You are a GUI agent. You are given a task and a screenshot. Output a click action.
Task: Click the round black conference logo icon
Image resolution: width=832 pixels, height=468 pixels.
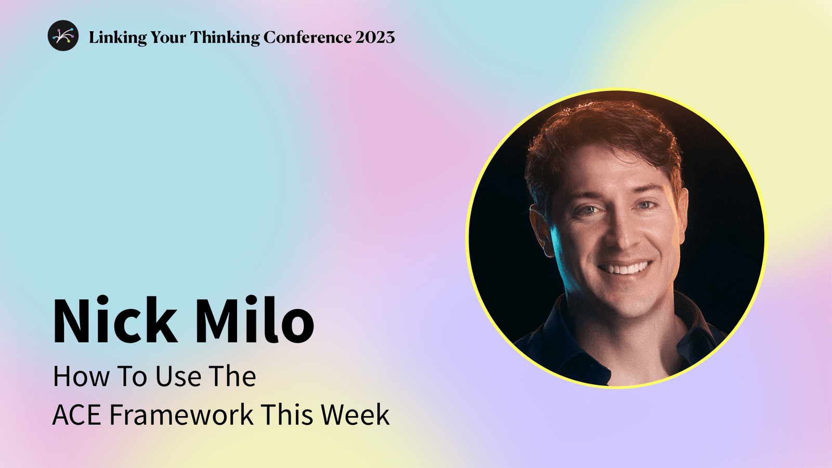(x=63, y=35)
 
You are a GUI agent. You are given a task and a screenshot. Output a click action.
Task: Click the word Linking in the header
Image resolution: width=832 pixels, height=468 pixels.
(x=118, y=37)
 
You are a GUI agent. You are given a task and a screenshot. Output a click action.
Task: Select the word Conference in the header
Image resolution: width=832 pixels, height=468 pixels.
(x=307, y=37)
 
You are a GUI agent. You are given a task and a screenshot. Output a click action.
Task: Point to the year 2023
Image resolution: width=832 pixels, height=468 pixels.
(x=375, y=37)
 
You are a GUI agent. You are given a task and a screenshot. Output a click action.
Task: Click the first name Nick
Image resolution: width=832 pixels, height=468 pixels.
(x=115, y=320)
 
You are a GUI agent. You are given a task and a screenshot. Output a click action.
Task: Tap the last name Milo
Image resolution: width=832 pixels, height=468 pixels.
(x=254, y=320)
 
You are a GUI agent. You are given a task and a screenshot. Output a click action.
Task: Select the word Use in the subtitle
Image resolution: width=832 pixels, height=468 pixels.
(x=178, y=376)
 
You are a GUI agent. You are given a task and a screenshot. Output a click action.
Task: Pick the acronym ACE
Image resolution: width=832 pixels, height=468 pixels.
(x=79, y=415)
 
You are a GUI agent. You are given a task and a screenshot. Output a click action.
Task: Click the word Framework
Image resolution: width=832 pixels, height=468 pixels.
(x=181, y=415)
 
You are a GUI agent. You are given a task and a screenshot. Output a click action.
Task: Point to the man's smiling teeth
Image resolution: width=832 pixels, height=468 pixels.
(x=625, y=269)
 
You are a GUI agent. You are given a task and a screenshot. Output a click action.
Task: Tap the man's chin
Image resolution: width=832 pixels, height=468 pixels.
(x=629, y=302)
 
